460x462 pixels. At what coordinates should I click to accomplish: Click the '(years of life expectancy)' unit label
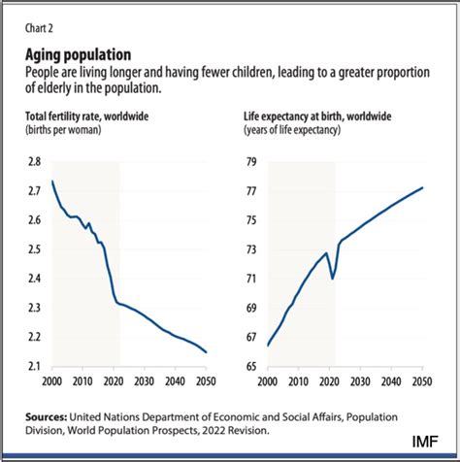[x=300, y=130]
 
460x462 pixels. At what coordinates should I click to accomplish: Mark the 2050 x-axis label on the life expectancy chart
[x=422, y=381]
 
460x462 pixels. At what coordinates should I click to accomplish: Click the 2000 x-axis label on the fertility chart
[x=51, y=381]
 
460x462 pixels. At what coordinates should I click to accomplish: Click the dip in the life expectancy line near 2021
[x=333, y=279]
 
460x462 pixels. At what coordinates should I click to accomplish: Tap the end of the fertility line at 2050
[x=207, y=351]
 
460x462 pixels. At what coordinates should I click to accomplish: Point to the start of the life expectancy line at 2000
[x=268, y=345]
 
